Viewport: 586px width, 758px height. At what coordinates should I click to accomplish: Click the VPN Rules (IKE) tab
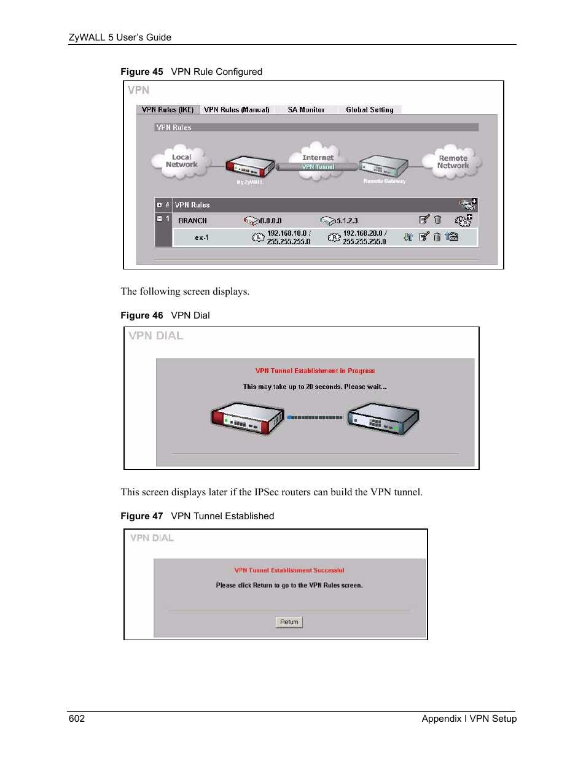coord(167,110)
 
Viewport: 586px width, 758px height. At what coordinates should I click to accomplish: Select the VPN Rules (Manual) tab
coord(236,110)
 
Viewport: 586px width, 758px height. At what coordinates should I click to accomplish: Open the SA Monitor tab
coord(306,110)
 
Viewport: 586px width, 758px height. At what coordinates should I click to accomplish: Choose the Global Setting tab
coord(369,110)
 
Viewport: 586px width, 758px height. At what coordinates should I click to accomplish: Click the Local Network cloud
coord(181,161)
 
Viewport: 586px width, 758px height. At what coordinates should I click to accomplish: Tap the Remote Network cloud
coord(453,162)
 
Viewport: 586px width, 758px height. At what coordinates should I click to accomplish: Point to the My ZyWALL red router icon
coord(249,166)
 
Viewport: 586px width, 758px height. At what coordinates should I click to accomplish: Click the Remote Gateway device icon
coord(384,166)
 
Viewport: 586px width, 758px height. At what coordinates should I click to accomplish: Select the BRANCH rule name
coord(192,221)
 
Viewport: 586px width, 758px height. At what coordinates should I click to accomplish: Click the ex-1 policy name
coord(201,238)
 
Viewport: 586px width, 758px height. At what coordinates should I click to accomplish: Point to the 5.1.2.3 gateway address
coord(346,221)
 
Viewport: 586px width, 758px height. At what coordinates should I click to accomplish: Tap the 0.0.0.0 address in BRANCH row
coord(270,221)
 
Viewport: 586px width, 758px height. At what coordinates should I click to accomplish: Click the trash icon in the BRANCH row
coord(437,220)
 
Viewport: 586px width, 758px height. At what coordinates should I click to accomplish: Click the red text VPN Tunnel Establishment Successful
coord(289,570)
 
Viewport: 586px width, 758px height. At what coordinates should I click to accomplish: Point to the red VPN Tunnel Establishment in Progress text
coord(314,371)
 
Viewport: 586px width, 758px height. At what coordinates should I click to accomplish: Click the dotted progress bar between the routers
coord(315,417)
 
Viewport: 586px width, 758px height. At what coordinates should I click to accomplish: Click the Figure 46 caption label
coord(142,315)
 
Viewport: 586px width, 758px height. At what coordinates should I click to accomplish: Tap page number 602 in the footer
coord(77,719)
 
